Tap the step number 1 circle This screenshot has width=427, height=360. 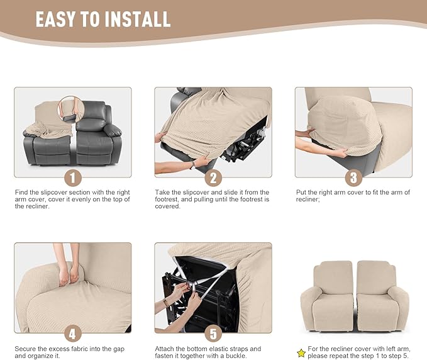(73, 177)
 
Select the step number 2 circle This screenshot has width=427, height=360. (213, 177)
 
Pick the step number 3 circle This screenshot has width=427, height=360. (353, 177)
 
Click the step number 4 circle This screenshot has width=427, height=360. (73, 332)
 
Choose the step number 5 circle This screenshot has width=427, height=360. (213, 332)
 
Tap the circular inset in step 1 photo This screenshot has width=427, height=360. (70, 109)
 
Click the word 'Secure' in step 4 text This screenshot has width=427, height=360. (25, 348)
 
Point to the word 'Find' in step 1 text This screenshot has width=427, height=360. (22, 192)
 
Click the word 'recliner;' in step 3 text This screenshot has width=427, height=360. (309, 200)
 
